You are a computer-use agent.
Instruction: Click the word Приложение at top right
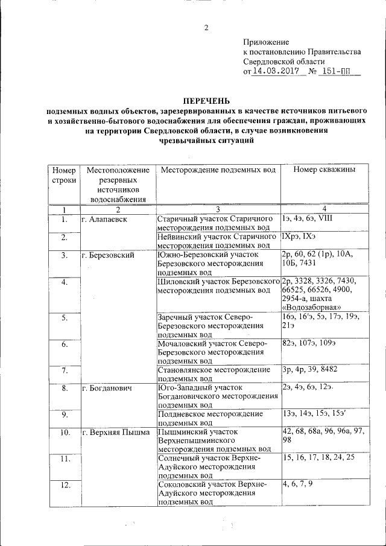[x=266, y=42]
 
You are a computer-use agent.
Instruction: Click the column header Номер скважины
[x=324, y=170]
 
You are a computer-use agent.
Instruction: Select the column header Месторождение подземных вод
[x=218, y=170]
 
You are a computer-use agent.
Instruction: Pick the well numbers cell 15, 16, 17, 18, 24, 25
[x=318, y=459]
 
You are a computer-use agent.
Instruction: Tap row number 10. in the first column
[x=65, y=432]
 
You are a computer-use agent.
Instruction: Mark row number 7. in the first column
[x=65, y=370]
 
